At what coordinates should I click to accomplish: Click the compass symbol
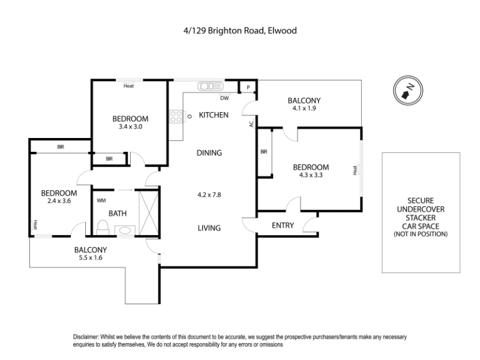pos(407,92)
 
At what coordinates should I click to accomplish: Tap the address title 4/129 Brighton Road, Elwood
pos(239,29)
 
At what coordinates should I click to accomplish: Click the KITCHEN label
pos(214,115)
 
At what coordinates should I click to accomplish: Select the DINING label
pos(209,152)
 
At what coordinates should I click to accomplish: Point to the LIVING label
pos(209,228)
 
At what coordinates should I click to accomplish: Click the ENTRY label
pos(283,226)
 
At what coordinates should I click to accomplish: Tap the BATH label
pos(117,213)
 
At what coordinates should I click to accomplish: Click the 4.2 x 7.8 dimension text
pos(209,194)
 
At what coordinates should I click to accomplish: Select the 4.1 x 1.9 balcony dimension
pos(304,109)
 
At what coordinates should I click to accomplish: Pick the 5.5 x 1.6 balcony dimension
pos(91,258)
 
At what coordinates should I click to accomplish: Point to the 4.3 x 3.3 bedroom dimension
pos(311,175)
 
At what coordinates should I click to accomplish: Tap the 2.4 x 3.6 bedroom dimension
pos(59,201)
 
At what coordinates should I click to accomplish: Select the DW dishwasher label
pos(224,98)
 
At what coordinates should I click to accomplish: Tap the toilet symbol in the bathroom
pos(102,227)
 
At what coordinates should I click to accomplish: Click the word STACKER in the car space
pos(421,217)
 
